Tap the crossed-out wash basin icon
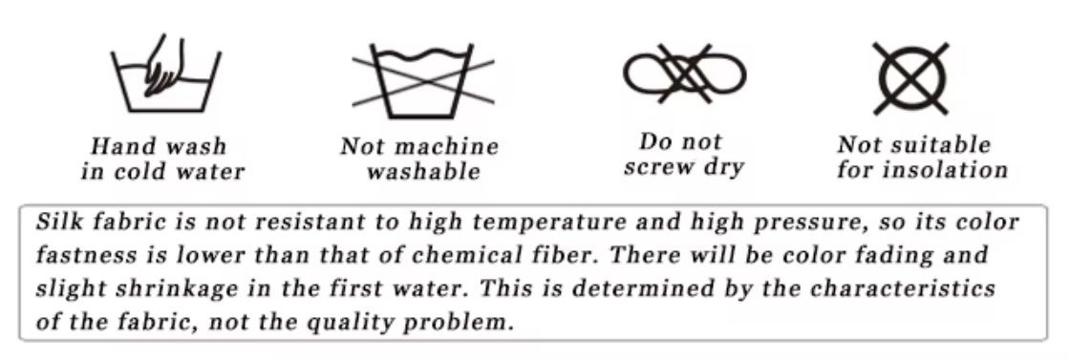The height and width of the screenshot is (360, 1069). click(x=423, y=76)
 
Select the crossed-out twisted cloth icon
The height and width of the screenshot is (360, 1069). click(x=685, y=74)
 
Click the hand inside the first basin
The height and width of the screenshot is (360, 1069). click(x=165, y=67)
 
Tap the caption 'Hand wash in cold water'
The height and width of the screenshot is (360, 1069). click(x=161, y=159)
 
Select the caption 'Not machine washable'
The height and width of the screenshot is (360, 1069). click(x=420, y=159)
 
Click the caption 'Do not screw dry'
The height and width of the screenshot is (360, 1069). click(x=682, y=155)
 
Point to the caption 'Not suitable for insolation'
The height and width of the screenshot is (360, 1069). click(x=922, y=158)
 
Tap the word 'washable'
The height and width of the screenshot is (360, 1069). click(x=422, y=173)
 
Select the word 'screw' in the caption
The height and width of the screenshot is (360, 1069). click(x=661, y=168)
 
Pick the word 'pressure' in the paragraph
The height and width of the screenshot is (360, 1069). click(x=749, y=222)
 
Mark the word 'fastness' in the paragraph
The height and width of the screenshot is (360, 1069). click(x=80, y=256)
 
